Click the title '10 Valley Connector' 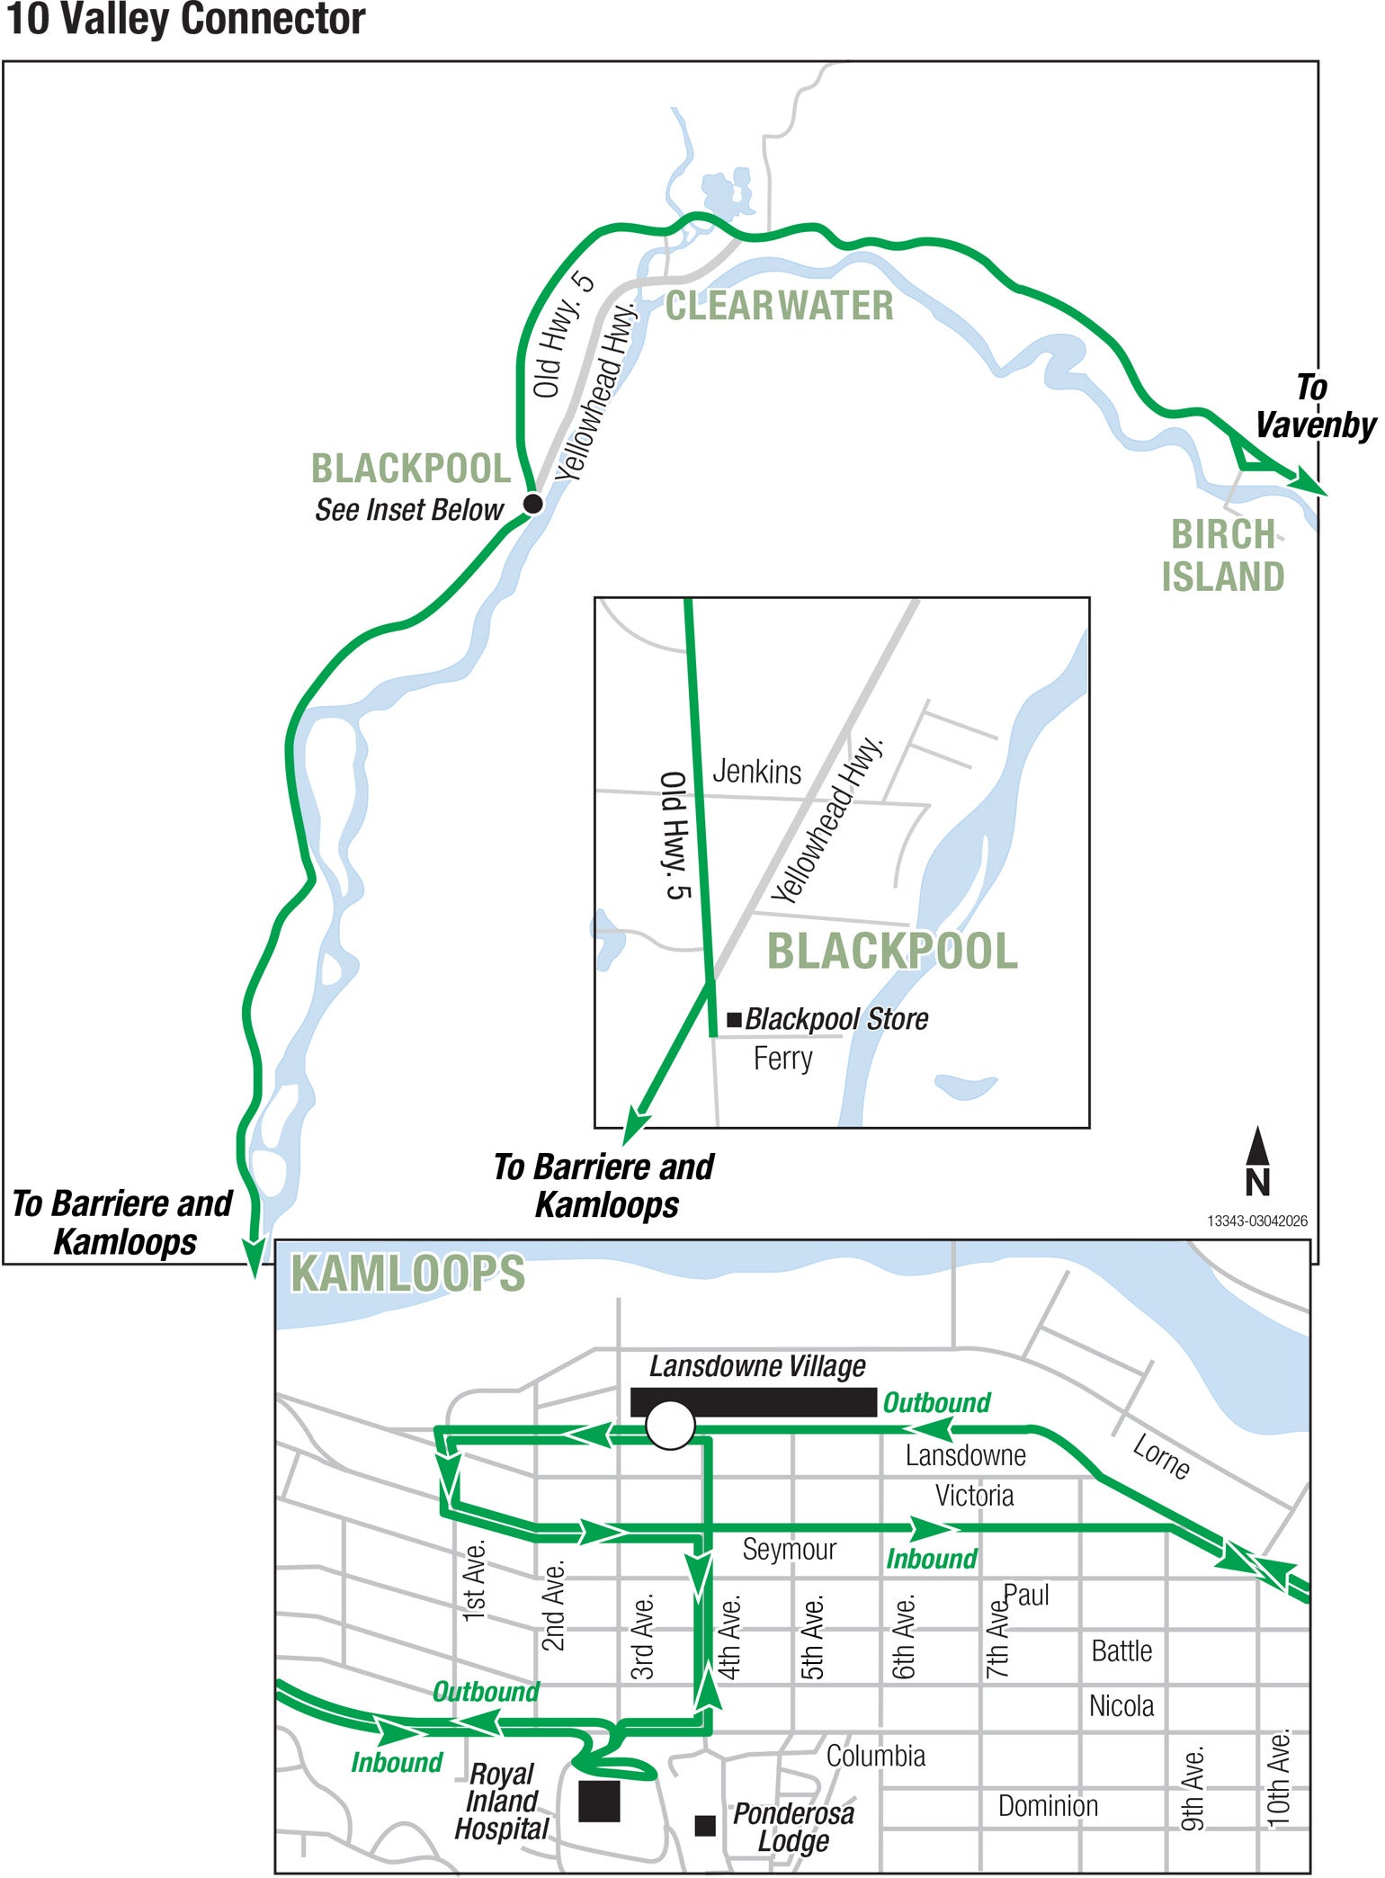[185, 20]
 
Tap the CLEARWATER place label [779, 306]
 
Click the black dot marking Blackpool [532, 503]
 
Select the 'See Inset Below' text [408, 510]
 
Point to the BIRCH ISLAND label [1223, 556]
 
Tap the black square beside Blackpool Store [734, 1019]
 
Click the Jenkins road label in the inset [756, 772]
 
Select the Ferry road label [782, 1058]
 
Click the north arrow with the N [1257, 1162]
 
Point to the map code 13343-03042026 [1256, 1221]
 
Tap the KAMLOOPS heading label [407, 1274]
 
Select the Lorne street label [1161, 1456]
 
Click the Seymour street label [789, 1549]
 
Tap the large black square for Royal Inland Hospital [599, 1801]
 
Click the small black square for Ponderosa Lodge [705, 1825]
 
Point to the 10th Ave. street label [1278, 1777]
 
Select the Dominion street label [1048, 1805]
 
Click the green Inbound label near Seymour [931, 1559]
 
